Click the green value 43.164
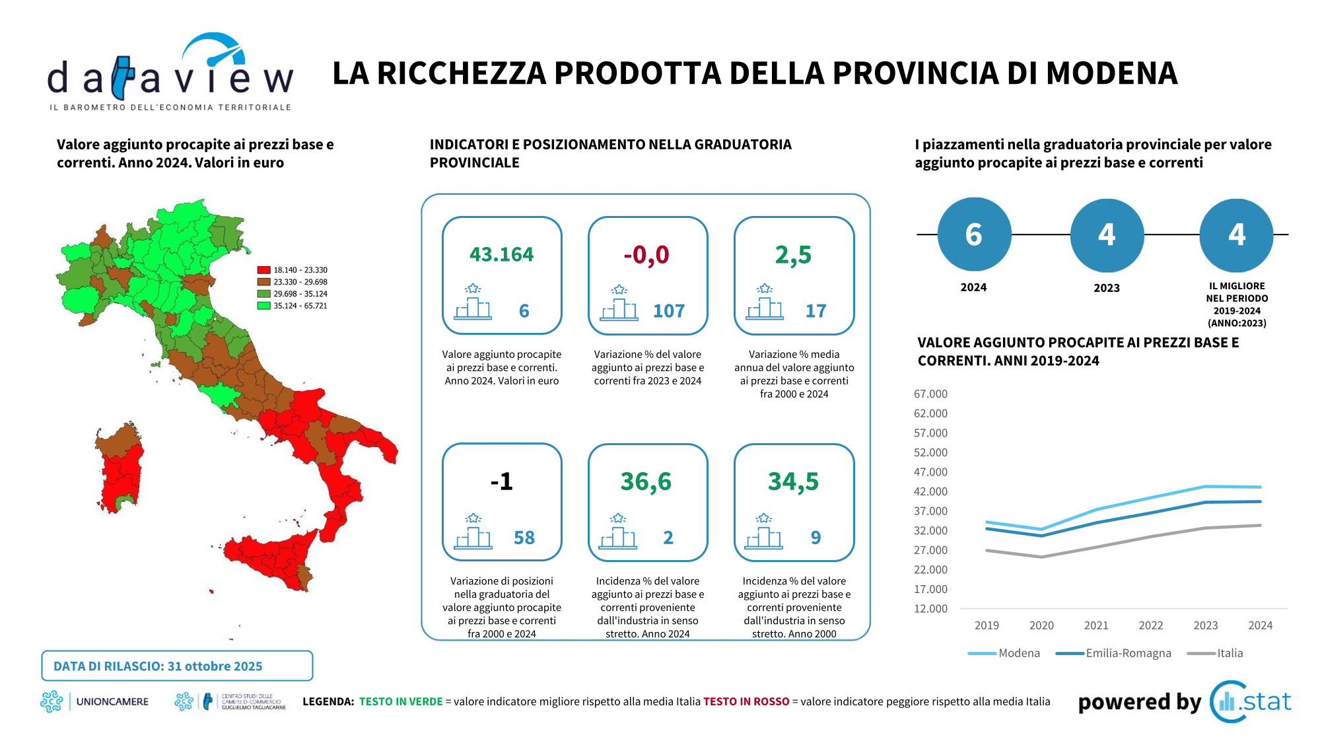[501, 254]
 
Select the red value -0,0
[646, 254]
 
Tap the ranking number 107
[668, 310]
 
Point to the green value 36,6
[646, 481]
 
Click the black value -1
[501, 481]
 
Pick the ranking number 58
[524, 538]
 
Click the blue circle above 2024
[974, 234]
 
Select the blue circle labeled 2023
[1107, 234]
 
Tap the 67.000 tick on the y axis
[930, 394]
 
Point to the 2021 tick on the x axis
[1096, 625]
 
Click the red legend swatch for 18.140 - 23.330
[263, 270]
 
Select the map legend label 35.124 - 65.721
[300, 306]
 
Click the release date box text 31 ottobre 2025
[215, 666]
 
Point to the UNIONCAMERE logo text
[112, 701]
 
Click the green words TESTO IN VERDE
[401, 701]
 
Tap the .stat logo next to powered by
[1251, 701]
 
